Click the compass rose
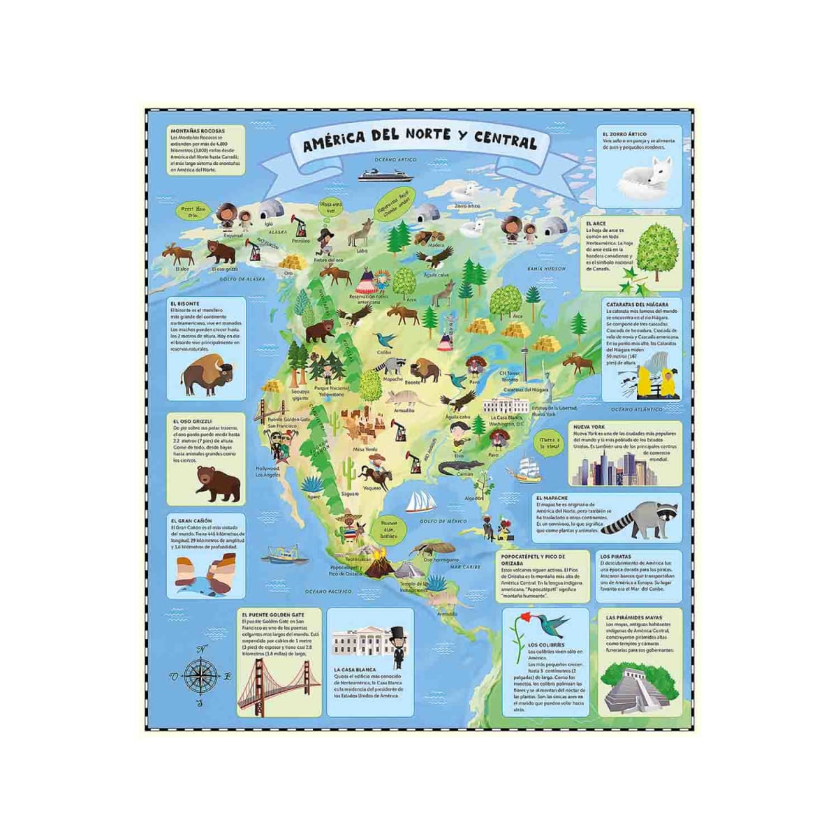pyautogui.click(x=201, y=675)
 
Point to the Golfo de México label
pyautogui.click(x=443, y=521)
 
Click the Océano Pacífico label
pyautogui.click(x=330, y=591)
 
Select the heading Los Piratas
pyautogui.click(x=616, y=556)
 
